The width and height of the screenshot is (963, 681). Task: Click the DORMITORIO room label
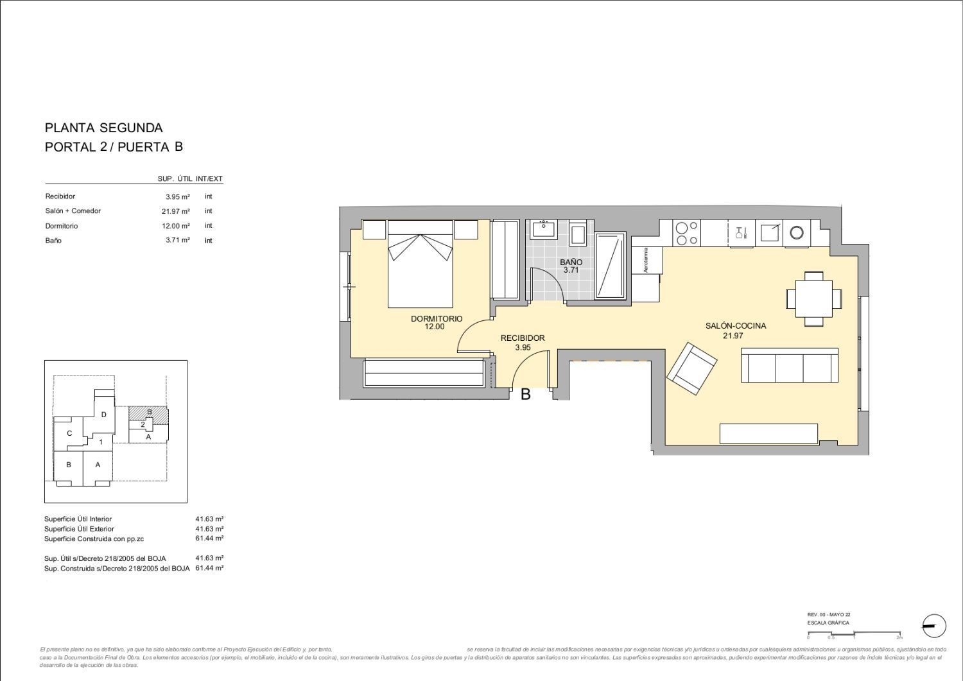tap(436, 318)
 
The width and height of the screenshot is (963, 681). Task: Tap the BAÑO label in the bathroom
tap(571, 262)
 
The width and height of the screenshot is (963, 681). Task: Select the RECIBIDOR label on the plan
tap(523, 338)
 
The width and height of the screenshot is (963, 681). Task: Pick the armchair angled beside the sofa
tap(691, 369)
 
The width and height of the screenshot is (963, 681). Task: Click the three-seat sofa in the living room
tap(789, 365)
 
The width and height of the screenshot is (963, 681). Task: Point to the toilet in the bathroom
tap(578, 234)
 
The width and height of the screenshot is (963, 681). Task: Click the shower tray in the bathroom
tap(610, 266)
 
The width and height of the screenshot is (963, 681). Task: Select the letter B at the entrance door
tap(525, 395)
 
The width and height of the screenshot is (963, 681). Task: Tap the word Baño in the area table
tap(53, 241)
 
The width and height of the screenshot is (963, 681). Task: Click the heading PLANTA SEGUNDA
tap(103, 128)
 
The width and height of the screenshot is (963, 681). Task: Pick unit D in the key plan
tap(103, 415)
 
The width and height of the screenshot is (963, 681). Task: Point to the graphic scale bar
tap(854, 634)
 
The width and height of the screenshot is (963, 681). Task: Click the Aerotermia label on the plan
tap(646, 261)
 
